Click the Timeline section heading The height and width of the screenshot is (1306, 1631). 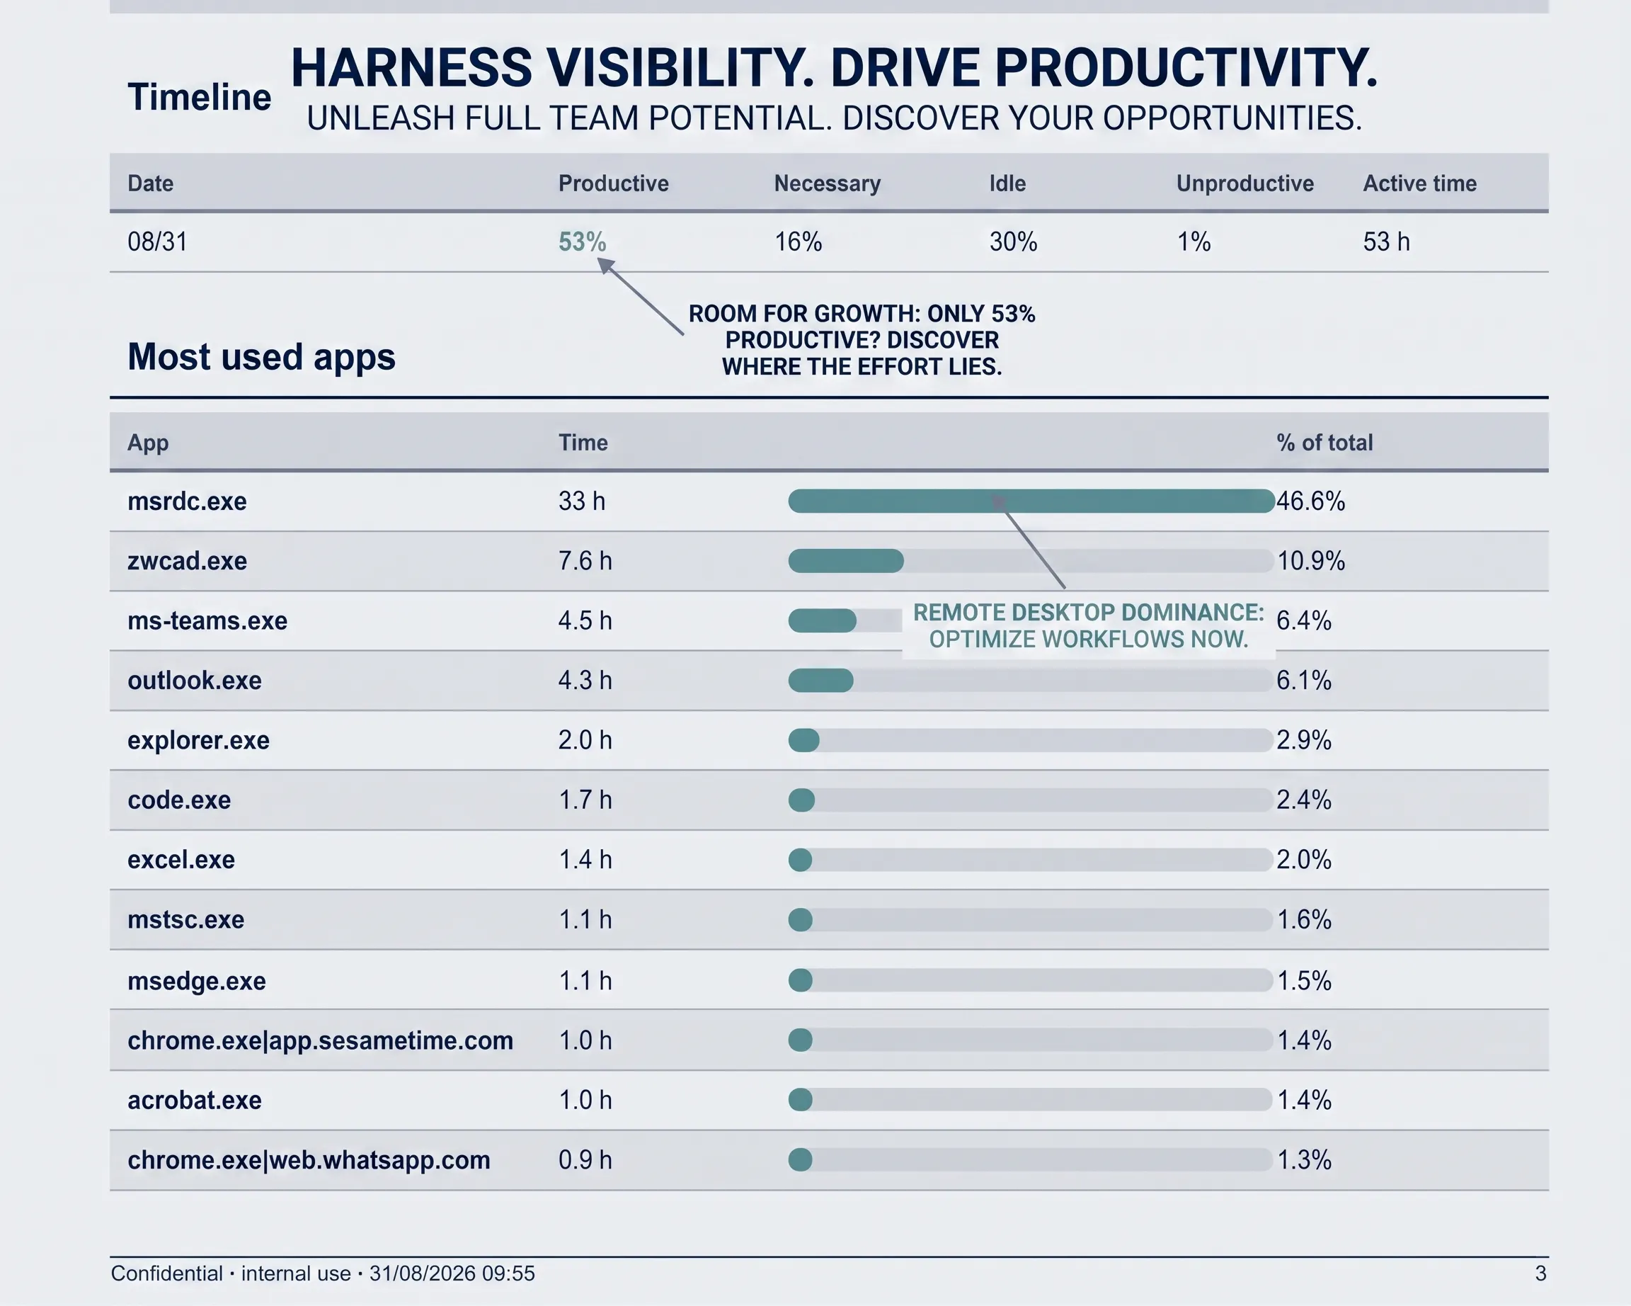(199, 97)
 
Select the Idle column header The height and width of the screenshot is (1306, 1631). (1007, 183)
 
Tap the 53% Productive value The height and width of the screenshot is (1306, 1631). (582, 242)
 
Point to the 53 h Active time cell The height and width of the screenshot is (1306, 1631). (1387, 242)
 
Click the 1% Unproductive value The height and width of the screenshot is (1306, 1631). (1194, 242)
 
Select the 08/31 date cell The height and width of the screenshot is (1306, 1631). (157, 242)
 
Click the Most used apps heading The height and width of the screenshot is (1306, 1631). (261, 356)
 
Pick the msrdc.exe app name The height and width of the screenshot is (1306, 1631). (187, 501)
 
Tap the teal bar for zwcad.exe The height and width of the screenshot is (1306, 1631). (846, 561)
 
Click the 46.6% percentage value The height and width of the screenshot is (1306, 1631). (1311, 501)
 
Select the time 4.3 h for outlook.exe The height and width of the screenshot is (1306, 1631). (585, 680)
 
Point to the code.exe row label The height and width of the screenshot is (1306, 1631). (179, 800)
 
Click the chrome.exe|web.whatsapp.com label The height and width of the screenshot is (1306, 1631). (309, 1160)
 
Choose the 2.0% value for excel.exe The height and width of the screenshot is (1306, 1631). (1304, 860)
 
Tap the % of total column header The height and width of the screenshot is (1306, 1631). (1324, 443)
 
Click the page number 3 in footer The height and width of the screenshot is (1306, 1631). (1540, 1273)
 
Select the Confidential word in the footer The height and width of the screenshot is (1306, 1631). (167, 1273)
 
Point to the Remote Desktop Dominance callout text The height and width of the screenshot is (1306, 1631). (1089, 626)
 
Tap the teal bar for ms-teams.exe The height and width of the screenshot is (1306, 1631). (823, 621)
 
